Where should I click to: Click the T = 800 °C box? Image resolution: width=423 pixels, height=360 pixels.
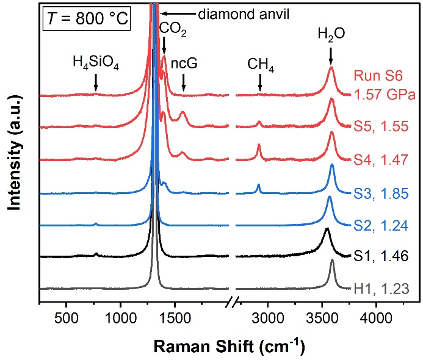point(86,18)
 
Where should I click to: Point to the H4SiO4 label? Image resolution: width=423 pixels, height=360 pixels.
point(95,62)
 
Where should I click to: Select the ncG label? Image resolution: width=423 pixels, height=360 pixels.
point(183,62)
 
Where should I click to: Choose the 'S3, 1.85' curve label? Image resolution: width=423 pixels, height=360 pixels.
point(383,193)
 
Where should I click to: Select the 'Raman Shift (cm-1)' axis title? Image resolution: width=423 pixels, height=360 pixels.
point(228,345)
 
